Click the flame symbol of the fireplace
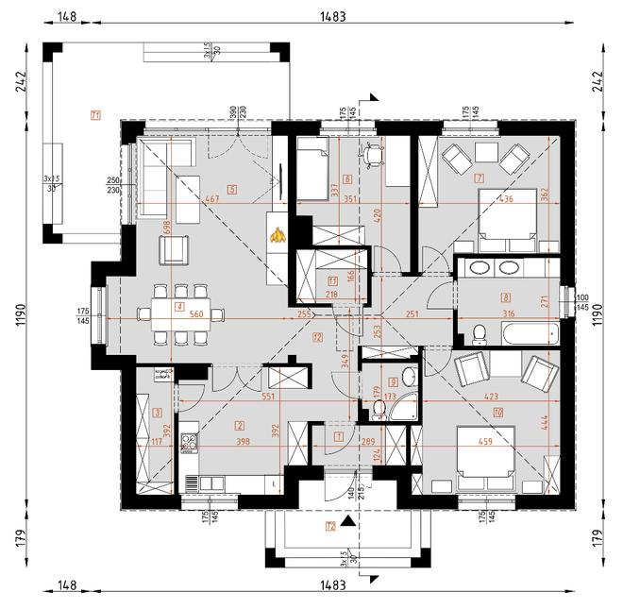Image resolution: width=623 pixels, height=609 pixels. click(277, 237)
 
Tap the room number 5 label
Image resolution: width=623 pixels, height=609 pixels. click(231, 189)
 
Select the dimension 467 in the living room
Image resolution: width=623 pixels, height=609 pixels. click(212, 199)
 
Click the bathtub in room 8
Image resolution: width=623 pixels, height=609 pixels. click(528, 332)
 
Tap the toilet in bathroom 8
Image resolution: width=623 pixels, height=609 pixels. click(479, 332)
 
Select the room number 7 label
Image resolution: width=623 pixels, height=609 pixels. click(480, 178)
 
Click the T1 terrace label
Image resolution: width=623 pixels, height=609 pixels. click(95, 115)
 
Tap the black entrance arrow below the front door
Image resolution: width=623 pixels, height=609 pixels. click(349, 519)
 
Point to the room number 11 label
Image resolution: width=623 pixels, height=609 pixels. click(332, 280)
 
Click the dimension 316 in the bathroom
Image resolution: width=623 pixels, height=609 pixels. click(507, 314)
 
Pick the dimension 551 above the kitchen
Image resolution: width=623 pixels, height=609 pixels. click(267, 398)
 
